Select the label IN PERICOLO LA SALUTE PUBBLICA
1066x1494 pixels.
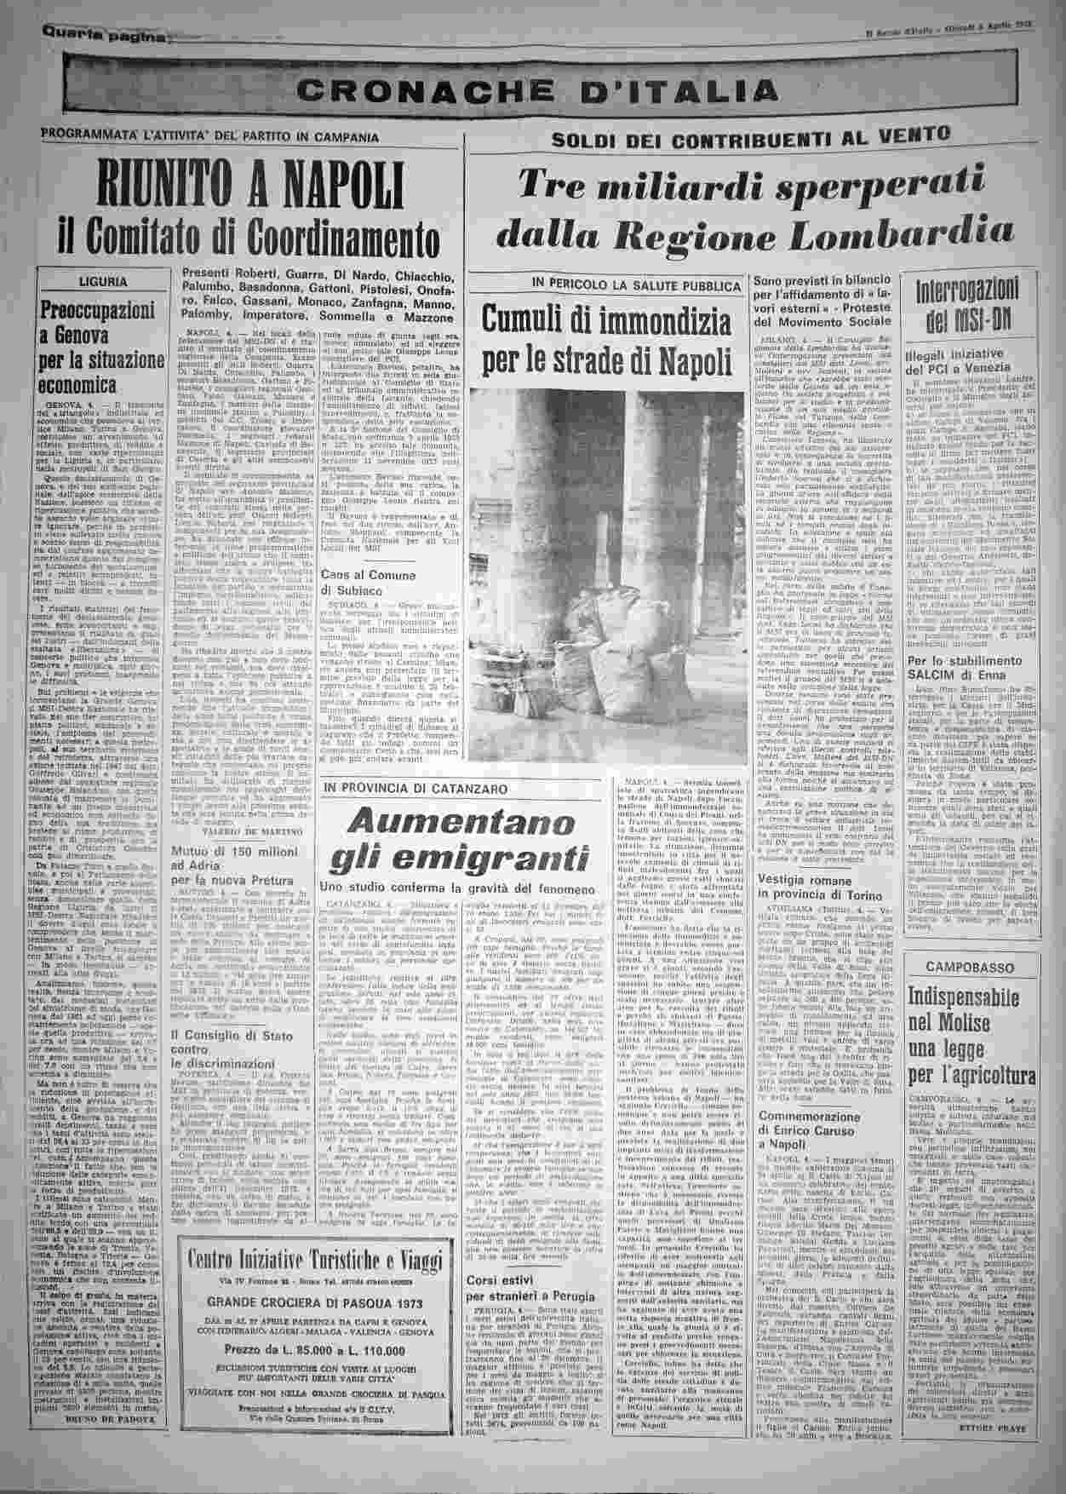pyautogui.click(x=608, y=282)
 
